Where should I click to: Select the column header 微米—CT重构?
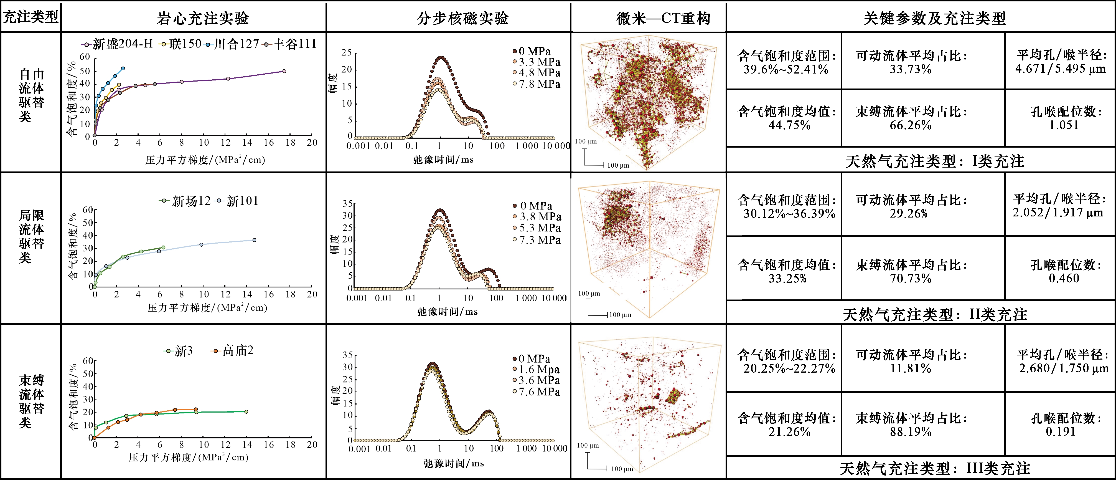tap(663, 18)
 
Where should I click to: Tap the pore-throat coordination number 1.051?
tap(1064, 125)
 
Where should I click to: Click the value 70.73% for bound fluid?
tap(910, 278)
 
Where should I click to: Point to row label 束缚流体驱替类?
tap(31, 401)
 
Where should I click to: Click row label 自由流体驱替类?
tap(31, 95)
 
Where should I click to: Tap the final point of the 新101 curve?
tap(254, 240)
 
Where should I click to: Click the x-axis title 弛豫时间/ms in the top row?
tap(443, 160)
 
